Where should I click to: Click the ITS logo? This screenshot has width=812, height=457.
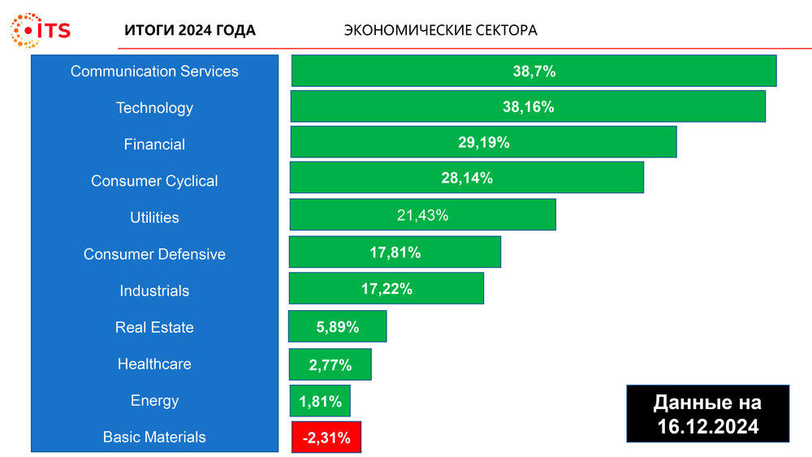click(40, 30)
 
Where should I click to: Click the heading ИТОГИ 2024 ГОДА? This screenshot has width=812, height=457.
click(190, 31)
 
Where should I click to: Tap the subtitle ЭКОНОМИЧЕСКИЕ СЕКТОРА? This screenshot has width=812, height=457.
click(440, 31)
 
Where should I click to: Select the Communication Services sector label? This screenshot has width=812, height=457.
click(154, 71)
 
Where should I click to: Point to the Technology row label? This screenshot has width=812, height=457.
click(154, 108)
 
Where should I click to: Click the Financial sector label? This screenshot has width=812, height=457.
click(154, 144)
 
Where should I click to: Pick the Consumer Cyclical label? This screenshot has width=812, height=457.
click(154, 181)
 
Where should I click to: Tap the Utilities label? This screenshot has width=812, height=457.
click(154, 218)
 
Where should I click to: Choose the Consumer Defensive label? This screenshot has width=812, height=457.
click(154, 254)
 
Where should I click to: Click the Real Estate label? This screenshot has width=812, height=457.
click(154, 327)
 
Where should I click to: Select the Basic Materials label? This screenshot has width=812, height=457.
click(154, 437)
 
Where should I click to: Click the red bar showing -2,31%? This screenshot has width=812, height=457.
click(326, 438)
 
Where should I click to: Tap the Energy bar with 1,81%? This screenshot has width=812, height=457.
click(320, 401)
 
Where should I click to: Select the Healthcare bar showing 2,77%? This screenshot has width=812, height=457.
click(330, 364)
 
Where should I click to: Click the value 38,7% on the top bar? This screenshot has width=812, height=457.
click(533, 71)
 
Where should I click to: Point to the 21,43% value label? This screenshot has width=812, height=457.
click(422, 215)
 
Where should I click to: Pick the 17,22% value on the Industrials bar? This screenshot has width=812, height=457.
click(387, 288)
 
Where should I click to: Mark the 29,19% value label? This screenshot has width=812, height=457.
click(483, 142)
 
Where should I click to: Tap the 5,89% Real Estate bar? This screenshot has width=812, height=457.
click(337, 326)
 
